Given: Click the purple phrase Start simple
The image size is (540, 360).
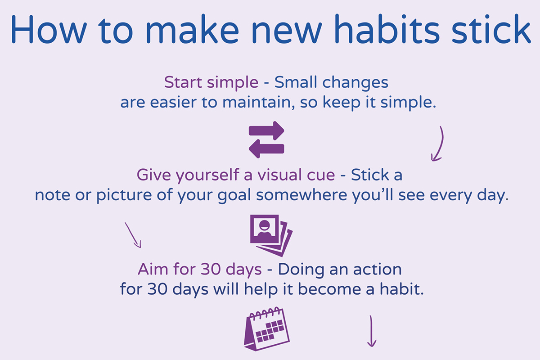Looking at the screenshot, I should [211, 83].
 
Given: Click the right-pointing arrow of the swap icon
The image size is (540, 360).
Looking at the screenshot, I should [266, 131].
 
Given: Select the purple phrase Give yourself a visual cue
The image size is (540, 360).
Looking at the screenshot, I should [236, 175].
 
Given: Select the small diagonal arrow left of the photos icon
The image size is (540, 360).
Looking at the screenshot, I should [133, 234].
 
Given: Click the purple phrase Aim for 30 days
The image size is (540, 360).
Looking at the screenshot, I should [200, 270].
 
